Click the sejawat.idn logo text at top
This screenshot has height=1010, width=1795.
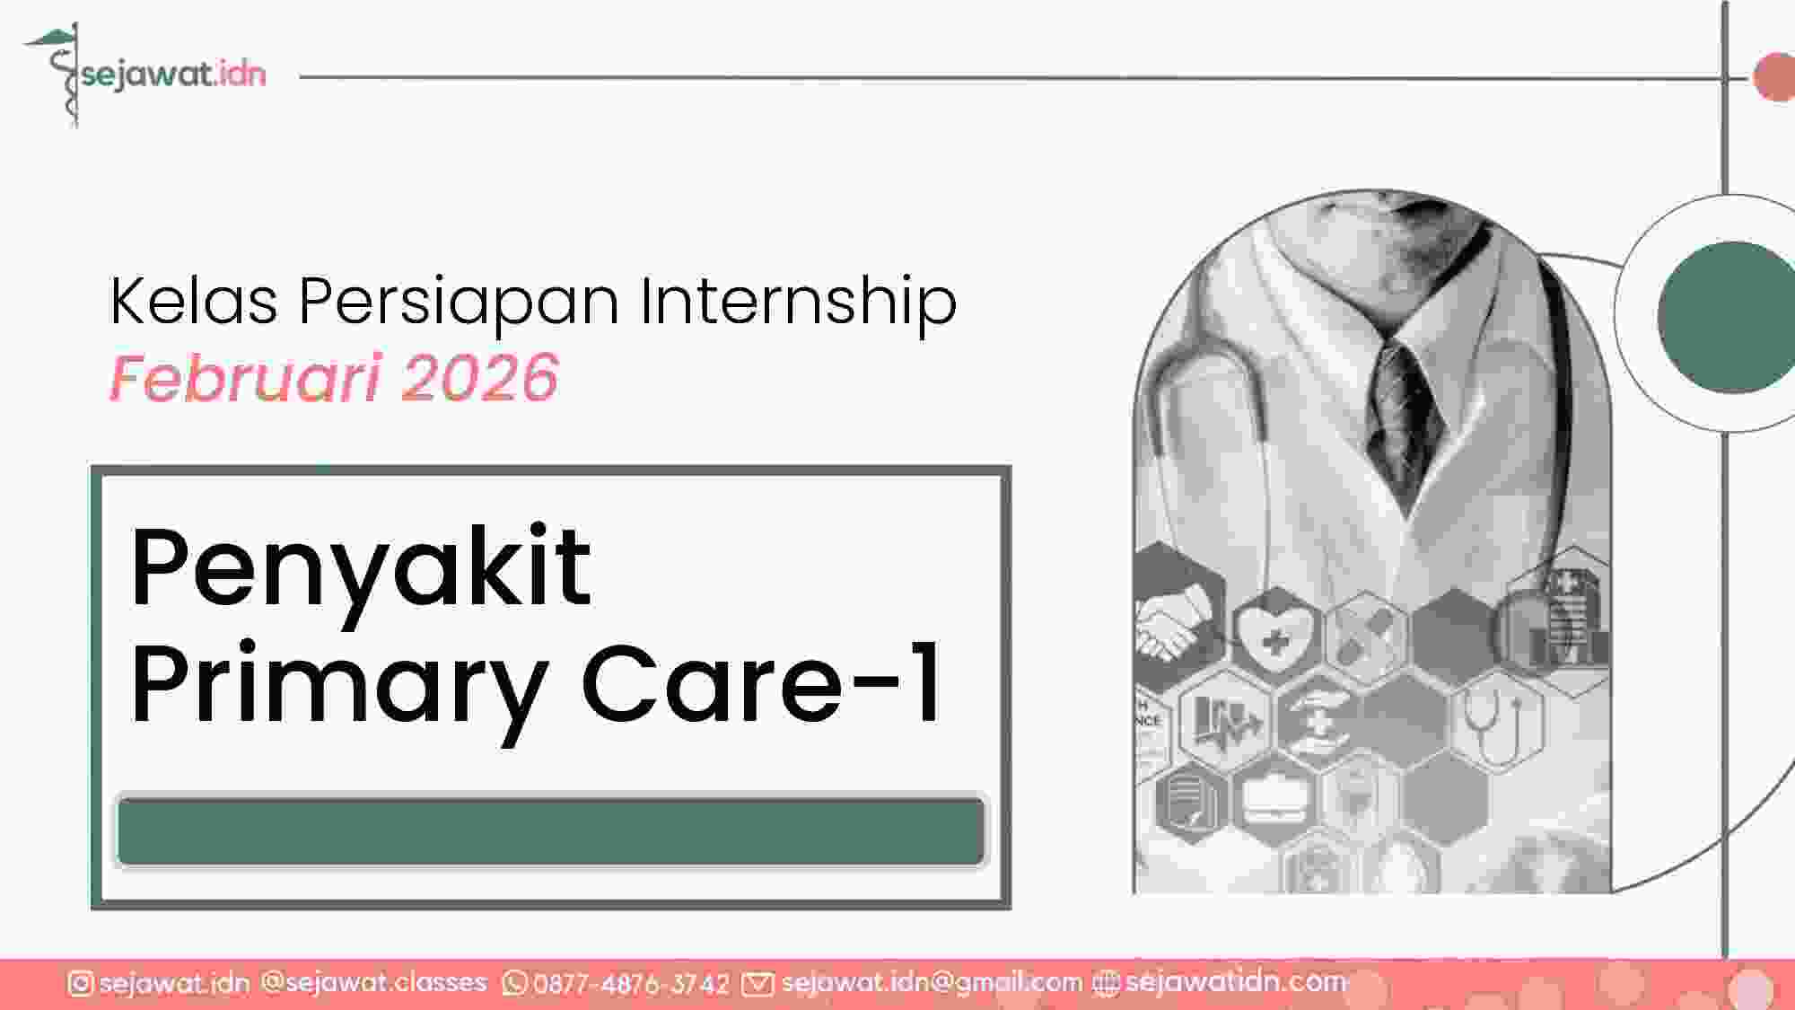[x=173, y=75]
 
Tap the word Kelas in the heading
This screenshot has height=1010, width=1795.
[x=194, y=301]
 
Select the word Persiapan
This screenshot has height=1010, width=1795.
[x=459, y=303]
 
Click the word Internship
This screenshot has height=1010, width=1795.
[x=798, y=303]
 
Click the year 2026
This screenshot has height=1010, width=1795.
[x=480, y=378]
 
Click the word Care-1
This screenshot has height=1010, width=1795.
[x=762, y=682]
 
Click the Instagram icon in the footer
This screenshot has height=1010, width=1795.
[x=80, y=984]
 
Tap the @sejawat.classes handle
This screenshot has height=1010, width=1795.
[x=373, y=983]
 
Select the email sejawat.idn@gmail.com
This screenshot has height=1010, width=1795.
[x=932, y=984]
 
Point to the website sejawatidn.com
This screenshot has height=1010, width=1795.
[x=1236, y=982]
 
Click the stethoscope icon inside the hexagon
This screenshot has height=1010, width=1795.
[x=1495, y=723]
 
